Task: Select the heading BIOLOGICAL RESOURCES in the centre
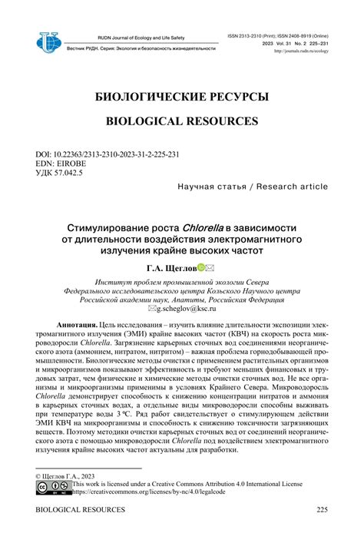point(182,121)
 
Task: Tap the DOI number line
point(108,154)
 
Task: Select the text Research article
point(293,187)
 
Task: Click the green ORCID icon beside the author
point(201,268)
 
